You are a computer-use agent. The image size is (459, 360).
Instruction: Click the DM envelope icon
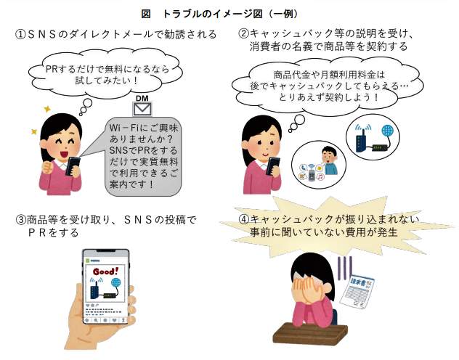click(142, 110)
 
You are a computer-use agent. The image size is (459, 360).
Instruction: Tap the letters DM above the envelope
click(142, 98)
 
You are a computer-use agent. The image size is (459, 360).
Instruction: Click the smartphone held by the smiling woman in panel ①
click(73, 165)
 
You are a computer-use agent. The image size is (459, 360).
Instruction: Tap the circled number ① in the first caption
click(21, 35)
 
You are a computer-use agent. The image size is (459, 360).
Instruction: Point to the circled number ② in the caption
click(244, 33)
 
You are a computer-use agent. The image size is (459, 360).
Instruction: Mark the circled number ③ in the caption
click(21, 220)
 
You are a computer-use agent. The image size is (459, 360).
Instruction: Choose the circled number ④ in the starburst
click(244, 219)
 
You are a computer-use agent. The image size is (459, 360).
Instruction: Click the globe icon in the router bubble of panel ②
click(388, 131)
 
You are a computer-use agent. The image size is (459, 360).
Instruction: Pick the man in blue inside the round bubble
click(330, 160)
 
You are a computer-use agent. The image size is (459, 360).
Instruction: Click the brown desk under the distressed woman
click(309, 333)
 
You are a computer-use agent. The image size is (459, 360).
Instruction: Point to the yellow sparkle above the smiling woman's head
click(46, 110)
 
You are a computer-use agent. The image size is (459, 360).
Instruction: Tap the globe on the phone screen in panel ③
click(116, 283)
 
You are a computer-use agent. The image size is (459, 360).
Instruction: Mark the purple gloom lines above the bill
click(345, 268)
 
